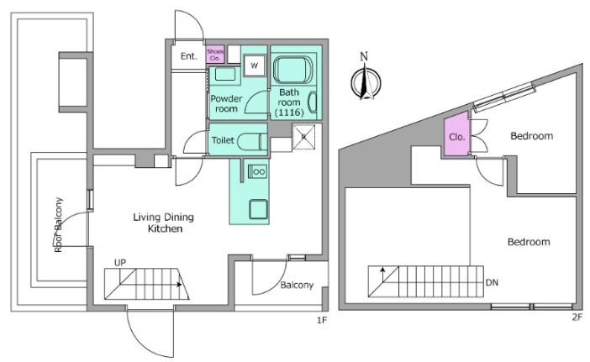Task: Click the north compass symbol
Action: tap(366, 78)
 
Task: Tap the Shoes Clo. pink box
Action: tap(216, 54)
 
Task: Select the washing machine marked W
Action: tap(254, 66)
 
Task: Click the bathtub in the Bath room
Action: tap(292, 70)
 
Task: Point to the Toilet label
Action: tap(223, 140)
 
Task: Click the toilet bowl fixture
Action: tap(252, 142)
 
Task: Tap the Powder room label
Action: tap(226, 104)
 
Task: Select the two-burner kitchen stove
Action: tap(259, 172)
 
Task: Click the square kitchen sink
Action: tap(259, 209)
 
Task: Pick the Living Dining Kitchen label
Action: tap(164, 223)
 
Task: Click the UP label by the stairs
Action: tap(120, 263)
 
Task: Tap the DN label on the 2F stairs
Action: tap(493, 283)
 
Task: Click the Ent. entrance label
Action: tap(189, 56)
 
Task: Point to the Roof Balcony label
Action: tap(58, 224)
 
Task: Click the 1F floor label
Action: tap(322, 320)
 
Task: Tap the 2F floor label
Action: tap(577, 317)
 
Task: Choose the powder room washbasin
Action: tap(225, 74)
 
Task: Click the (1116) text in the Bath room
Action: tap(289, 112)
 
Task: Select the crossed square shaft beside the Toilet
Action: tap(303, 137)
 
